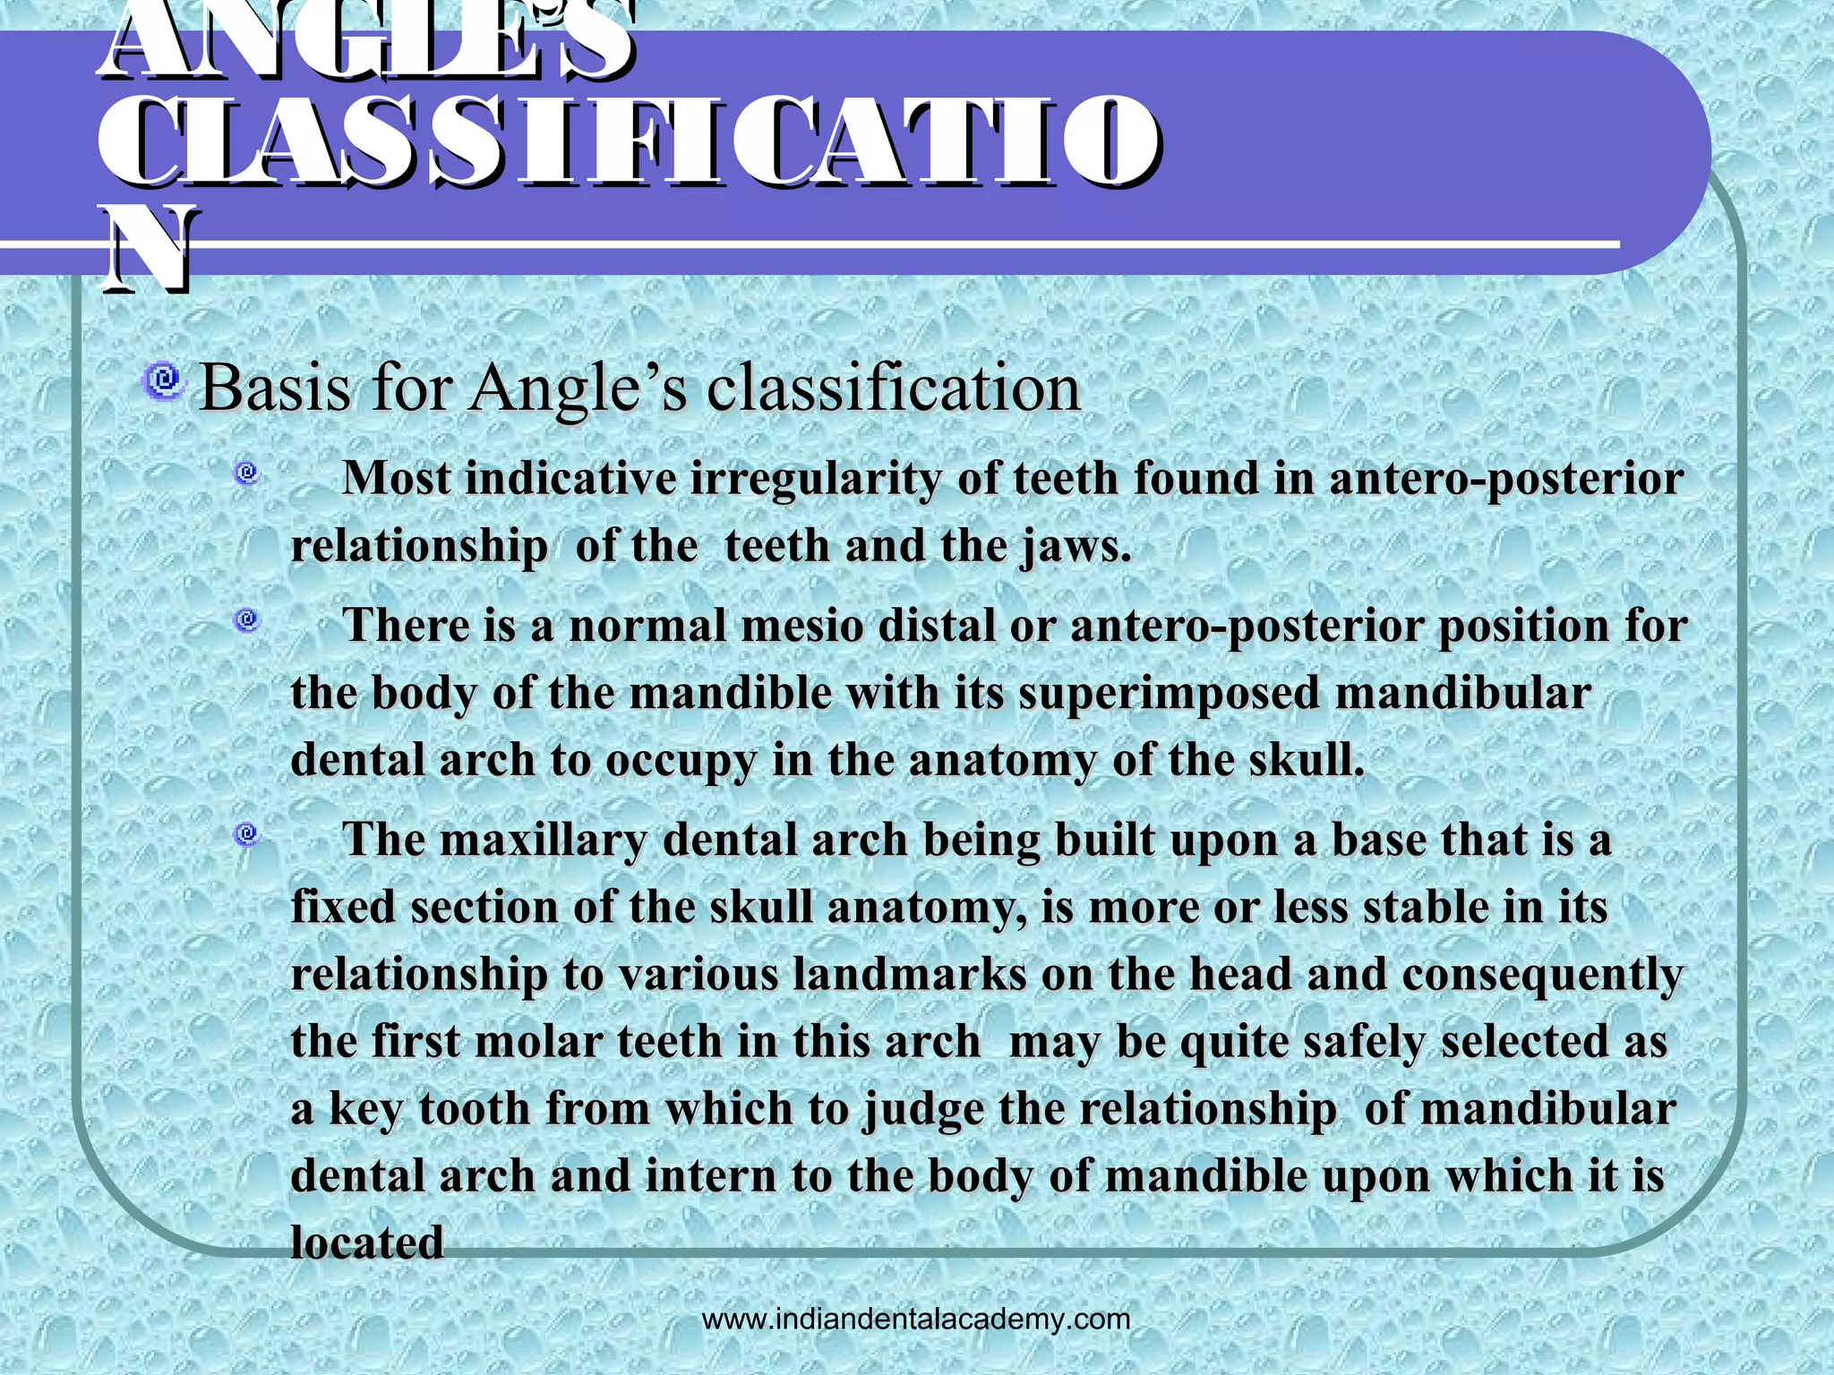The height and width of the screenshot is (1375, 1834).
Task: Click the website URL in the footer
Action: [x=916, y=1319]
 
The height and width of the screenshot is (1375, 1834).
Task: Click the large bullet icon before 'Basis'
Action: [x=163, y=381]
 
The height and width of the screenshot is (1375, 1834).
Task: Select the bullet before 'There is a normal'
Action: [x=247, y=619]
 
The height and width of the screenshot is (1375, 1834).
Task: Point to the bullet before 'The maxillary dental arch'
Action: [x=247, y=835]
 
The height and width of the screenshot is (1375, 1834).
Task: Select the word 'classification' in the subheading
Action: [x=894, y=389]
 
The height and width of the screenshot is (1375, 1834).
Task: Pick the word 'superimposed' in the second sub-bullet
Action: [x=1170, y=693]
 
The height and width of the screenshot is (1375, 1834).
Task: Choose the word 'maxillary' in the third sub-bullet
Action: [x=544, y=841]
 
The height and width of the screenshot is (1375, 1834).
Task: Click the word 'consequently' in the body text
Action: [x=1542, y=976]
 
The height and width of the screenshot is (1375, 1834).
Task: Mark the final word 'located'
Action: [x=367, y=1243]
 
